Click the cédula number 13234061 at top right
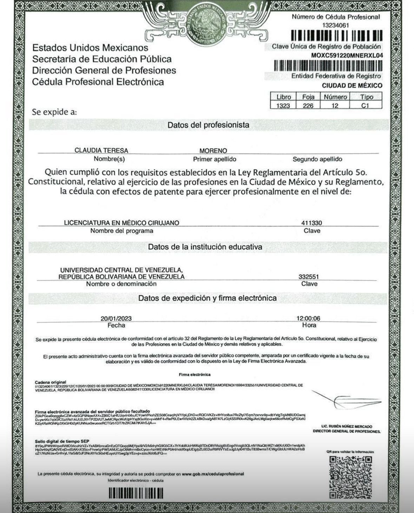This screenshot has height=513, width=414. click(x=335, y=25)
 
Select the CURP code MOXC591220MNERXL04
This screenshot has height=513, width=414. click(x=347, y=55)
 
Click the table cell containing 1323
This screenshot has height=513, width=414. click(x=283, y=105)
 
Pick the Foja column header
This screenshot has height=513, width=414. click(x=308, y=97)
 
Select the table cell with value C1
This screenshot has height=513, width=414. click(x=365, y=105)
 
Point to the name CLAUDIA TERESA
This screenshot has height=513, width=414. click(x=101, y=150)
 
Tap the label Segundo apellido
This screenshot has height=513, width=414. click(x=317, y=159)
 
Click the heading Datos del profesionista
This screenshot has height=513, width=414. click(x=208, y=125)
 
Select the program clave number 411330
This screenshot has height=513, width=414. click(x=311, y=223)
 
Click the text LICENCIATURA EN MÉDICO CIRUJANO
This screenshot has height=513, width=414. click(x=121, y=223)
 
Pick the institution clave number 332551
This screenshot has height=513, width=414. click(x=309, y=277)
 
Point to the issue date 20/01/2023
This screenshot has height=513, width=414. click(x=116, y=319)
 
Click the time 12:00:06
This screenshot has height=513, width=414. click(x=308, y=319)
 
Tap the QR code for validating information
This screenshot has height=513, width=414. click(x=350, y=477)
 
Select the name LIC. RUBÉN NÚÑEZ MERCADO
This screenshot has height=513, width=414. click(x=347, y=426)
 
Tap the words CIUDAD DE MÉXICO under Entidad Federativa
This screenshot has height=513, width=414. click(x=352, y=85)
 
